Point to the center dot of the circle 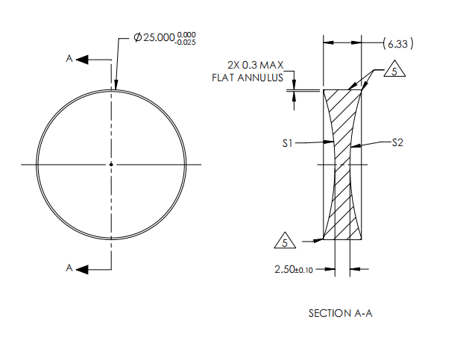111,164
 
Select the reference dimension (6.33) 394,44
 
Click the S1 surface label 286,142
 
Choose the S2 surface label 397,142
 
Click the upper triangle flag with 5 394,72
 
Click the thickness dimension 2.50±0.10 294,269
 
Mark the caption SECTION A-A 340,314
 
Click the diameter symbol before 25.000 138,38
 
